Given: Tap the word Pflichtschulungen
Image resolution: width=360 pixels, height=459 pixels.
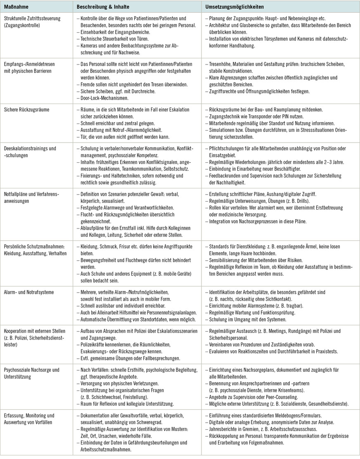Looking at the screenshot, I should [x=227, y=148].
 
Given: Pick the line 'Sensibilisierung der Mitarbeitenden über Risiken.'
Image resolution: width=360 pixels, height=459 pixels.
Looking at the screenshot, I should [x=256, y=260].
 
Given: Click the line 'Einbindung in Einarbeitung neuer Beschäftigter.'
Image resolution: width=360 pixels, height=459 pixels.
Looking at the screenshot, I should [x=255, y=169].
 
